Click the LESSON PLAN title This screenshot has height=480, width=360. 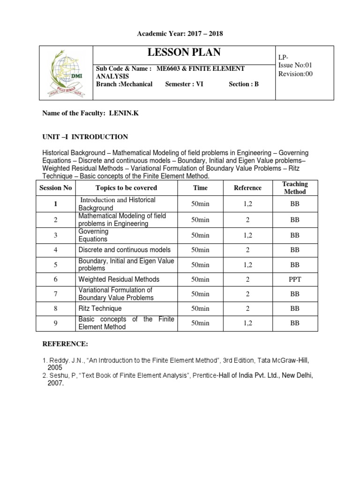[x=184, y=52]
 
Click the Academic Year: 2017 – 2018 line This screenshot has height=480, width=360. [x=180, y=34]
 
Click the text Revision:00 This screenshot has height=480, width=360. [x=295, y=74]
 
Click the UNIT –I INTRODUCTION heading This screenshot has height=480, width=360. [x=85, y=137]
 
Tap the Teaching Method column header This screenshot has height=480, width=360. [x=295, y=188]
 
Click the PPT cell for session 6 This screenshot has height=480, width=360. [x=294, y=279]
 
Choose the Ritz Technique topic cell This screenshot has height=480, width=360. [x=100, y=308]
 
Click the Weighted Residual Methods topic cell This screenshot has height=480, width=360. [x=119, y=279]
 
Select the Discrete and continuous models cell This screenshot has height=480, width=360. [x=125, y=250]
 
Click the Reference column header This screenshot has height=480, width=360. [x=247, y=188]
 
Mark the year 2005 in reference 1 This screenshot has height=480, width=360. [x=55, y=368]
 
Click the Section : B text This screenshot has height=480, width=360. [x=243, y=84]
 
